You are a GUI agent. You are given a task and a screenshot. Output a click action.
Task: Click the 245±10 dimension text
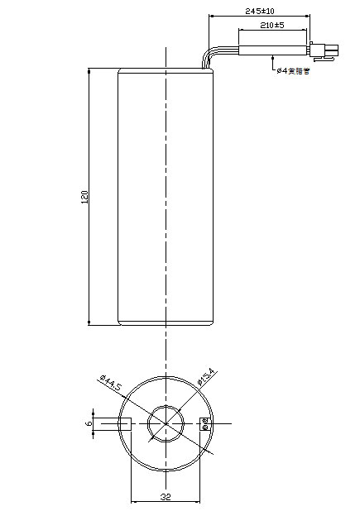(x=261, y=11)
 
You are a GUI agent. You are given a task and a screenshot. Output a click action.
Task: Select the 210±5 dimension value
(x=271, y=26)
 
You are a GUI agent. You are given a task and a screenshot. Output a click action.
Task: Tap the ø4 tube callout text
(x=293, y=70)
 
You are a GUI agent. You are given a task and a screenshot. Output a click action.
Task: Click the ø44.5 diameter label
(x=109, y=385)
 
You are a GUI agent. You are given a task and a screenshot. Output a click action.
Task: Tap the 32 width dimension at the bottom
(x=166, y=497)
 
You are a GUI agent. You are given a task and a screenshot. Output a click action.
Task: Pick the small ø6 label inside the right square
(x=205, y=424)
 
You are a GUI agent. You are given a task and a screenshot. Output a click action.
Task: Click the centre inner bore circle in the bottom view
(x=166, y=424)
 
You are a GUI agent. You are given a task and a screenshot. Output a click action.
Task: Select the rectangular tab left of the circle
(x=113, y=424)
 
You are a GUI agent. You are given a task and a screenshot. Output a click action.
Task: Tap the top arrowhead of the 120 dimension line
(x=89, y=74)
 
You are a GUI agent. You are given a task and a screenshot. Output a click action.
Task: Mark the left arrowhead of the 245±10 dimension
(x=212, y=16)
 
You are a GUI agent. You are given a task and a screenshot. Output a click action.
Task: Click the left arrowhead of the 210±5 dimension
(x=241, y=31)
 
